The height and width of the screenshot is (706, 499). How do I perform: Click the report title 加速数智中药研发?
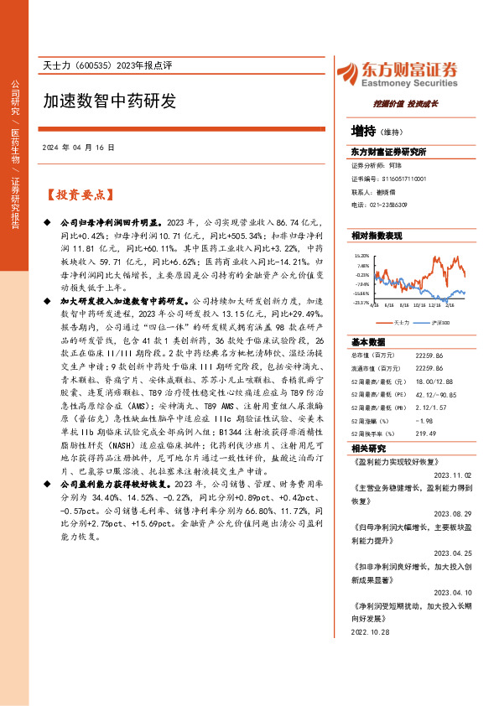tap(110, 101)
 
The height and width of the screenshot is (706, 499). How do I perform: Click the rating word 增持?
tap(363, 131)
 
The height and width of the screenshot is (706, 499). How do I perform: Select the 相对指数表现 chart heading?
tap(377, 236)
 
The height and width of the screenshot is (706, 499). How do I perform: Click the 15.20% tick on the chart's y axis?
tap(361, 255)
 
